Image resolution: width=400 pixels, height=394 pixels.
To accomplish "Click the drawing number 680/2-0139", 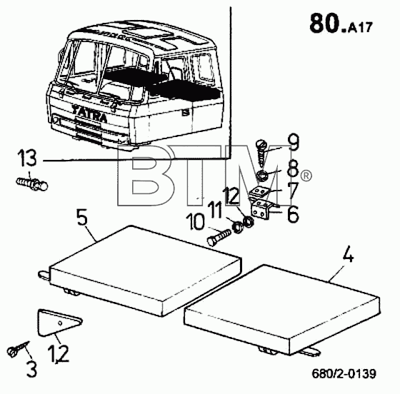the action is pyautogui.click(x=344, y=373).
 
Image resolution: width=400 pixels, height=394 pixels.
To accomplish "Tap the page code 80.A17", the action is pyautogui.click(x=341, y=24).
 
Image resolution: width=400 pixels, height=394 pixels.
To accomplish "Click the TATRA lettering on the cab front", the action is pyautogui.click(x=89, y=113).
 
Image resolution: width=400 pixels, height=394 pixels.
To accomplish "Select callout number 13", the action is pyautogui.click(x=27, y=158).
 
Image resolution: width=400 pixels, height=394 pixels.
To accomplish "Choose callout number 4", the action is pyautogui.click(x=348, y=254).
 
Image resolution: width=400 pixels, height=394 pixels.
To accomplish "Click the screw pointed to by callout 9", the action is pyautogui.click(x=261, y=152).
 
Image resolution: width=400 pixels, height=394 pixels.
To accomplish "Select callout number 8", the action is pyautogui.click(x=293, y=168).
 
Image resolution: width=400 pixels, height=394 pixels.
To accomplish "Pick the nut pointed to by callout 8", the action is pyautogui.click(x=261, y=176).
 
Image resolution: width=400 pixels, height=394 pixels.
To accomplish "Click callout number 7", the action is pyautogui.click(x=292, y=191).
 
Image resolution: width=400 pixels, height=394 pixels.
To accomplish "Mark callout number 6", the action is pyautogui.click(x=293, y=213).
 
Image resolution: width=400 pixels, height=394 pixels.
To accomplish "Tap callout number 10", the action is pyautogui.click(x=195, y=222).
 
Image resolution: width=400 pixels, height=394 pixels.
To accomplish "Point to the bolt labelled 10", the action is pyautogui.click(x=219, y=237).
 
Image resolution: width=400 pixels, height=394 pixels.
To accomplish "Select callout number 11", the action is pyautogui.click(x=215, y=210).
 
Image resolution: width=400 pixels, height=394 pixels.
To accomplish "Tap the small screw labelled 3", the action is pyautogui.click(x=18, y=348).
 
